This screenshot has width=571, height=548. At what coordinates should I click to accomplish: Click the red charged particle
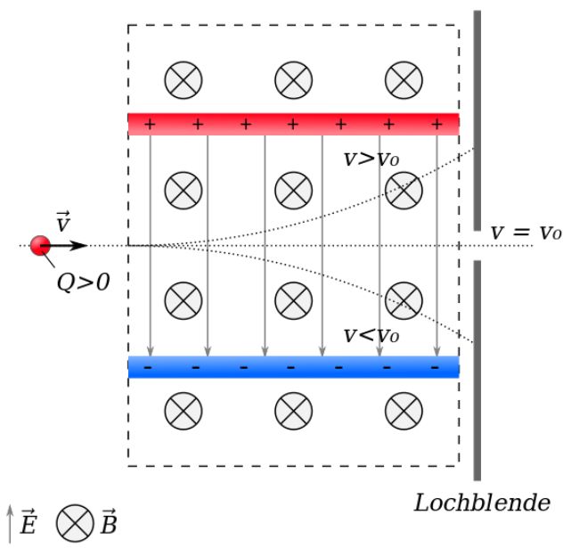point(39,245)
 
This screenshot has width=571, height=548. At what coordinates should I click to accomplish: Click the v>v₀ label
point(371,159)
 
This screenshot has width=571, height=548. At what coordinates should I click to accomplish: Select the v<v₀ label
point(371,335)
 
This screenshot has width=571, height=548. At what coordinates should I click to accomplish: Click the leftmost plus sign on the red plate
point(149,125)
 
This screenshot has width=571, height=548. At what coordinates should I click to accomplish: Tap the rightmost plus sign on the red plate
point(436,125)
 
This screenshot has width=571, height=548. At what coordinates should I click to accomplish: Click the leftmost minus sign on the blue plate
point(148,367)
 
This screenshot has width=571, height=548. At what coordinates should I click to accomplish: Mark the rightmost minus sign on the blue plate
point(435,367)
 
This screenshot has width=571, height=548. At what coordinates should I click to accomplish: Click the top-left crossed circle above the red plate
point(184,79)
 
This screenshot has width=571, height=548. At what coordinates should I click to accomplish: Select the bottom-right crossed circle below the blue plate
point(404,411)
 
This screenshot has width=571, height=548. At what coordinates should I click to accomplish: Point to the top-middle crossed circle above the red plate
point(293,79)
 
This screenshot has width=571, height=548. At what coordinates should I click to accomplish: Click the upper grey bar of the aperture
point(477,111)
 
